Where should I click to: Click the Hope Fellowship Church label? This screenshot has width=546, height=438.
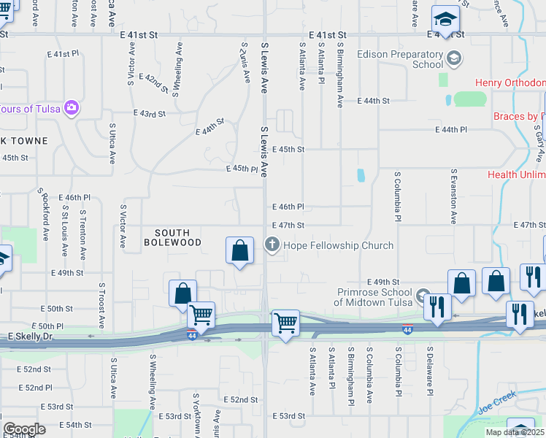[x=338, y=246]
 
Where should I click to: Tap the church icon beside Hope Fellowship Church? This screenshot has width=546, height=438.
[x=273, y=245]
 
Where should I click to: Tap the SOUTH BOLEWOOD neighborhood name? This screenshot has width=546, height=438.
[x=172, y=237]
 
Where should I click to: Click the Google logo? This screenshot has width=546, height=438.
[x=24, y=429]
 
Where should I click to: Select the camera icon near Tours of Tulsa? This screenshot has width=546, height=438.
[x=71, y=108]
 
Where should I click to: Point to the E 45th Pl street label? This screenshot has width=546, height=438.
[x=242, y=169]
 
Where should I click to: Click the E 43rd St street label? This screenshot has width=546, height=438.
[x=150, y=114]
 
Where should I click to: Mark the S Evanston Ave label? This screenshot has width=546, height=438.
[x=453, y=197]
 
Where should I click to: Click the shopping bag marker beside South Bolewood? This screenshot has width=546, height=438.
[x=240, y=252]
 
